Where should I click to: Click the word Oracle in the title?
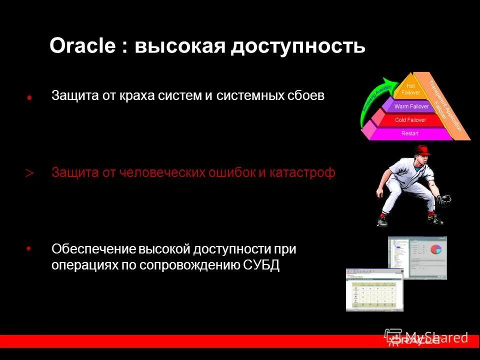tap(82, 46)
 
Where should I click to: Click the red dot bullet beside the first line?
tap(29, 98)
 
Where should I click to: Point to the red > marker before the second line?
tap(29, 173)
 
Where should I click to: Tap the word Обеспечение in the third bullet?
tap(93, 248)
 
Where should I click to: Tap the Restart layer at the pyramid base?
tap(410, 133)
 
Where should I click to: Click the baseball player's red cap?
tap(423, 149)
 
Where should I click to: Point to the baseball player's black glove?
tap(443, 201)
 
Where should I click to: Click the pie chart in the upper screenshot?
tap(435, 248)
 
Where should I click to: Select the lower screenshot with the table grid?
tap(374, 290)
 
